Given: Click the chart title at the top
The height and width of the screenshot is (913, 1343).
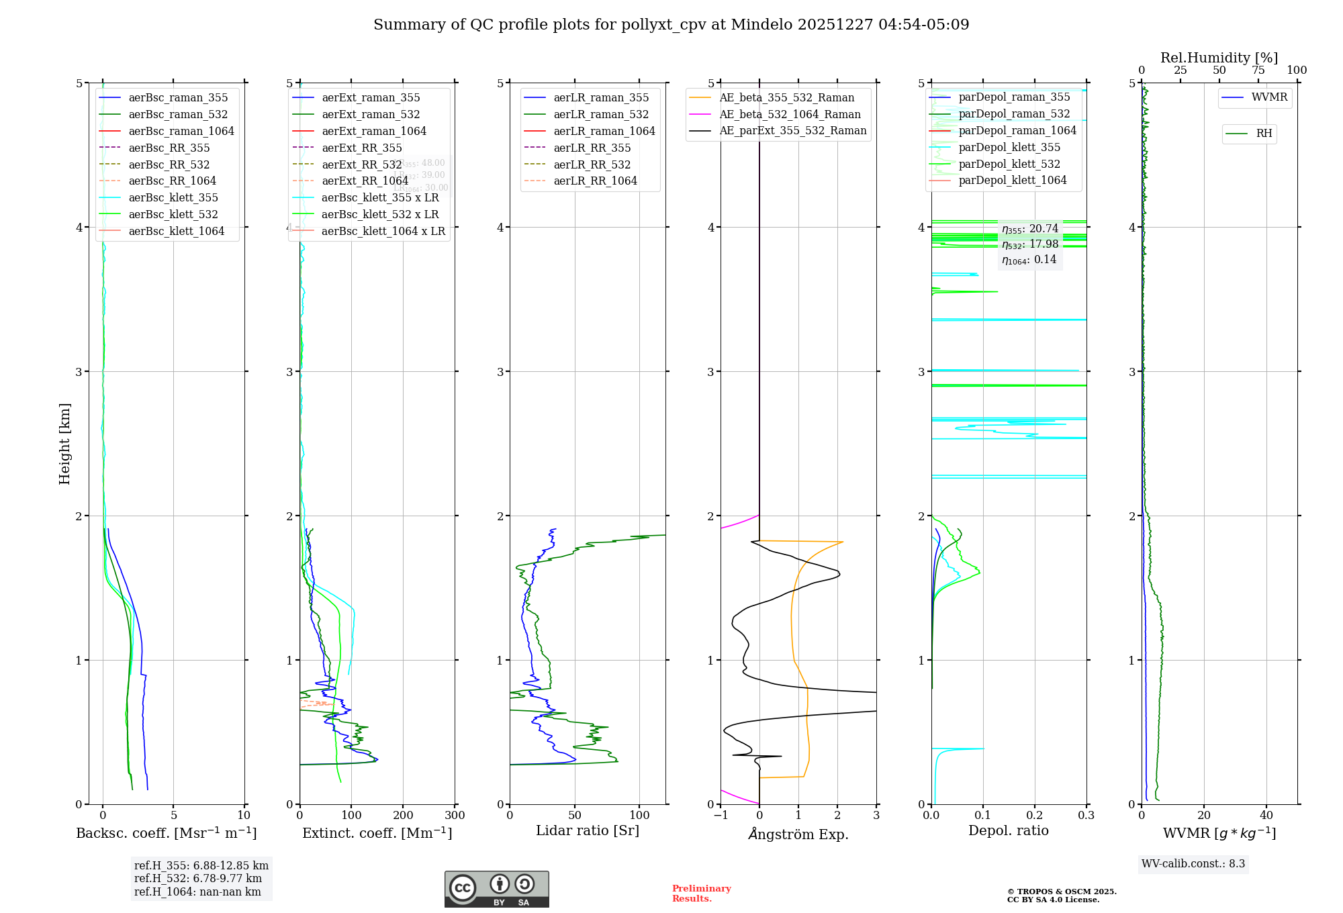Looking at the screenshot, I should [671, 25].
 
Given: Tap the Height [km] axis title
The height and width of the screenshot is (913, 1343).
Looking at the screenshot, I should [64, 443].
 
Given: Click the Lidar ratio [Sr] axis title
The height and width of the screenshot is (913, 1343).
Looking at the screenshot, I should [587, 830].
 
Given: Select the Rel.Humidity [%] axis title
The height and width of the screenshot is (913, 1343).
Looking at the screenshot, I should [1219, 58].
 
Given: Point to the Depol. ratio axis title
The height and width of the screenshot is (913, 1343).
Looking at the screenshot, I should [1008, 830].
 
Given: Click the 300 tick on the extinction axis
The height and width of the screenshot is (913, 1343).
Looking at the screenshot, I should [455, 816].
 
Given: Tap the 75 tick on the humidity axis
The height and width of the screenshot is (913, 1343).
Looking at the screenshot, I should [1258, 70].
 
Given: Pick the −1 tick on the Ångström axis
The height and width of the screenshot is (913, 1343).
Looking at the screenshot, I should [721, 816].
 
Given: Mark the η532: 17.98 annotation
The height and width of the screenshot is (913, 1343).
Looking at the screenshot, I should [1029, 244].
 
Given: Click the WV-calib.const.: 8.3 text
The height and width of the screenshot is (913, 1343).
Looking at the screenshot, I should [1193, 864].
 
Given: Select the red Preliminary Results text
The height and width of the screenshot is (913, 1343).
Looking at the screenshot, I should [701, 894].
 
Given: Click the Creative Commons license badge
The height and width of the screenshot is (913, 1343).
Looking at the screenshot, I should [496, 889].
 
